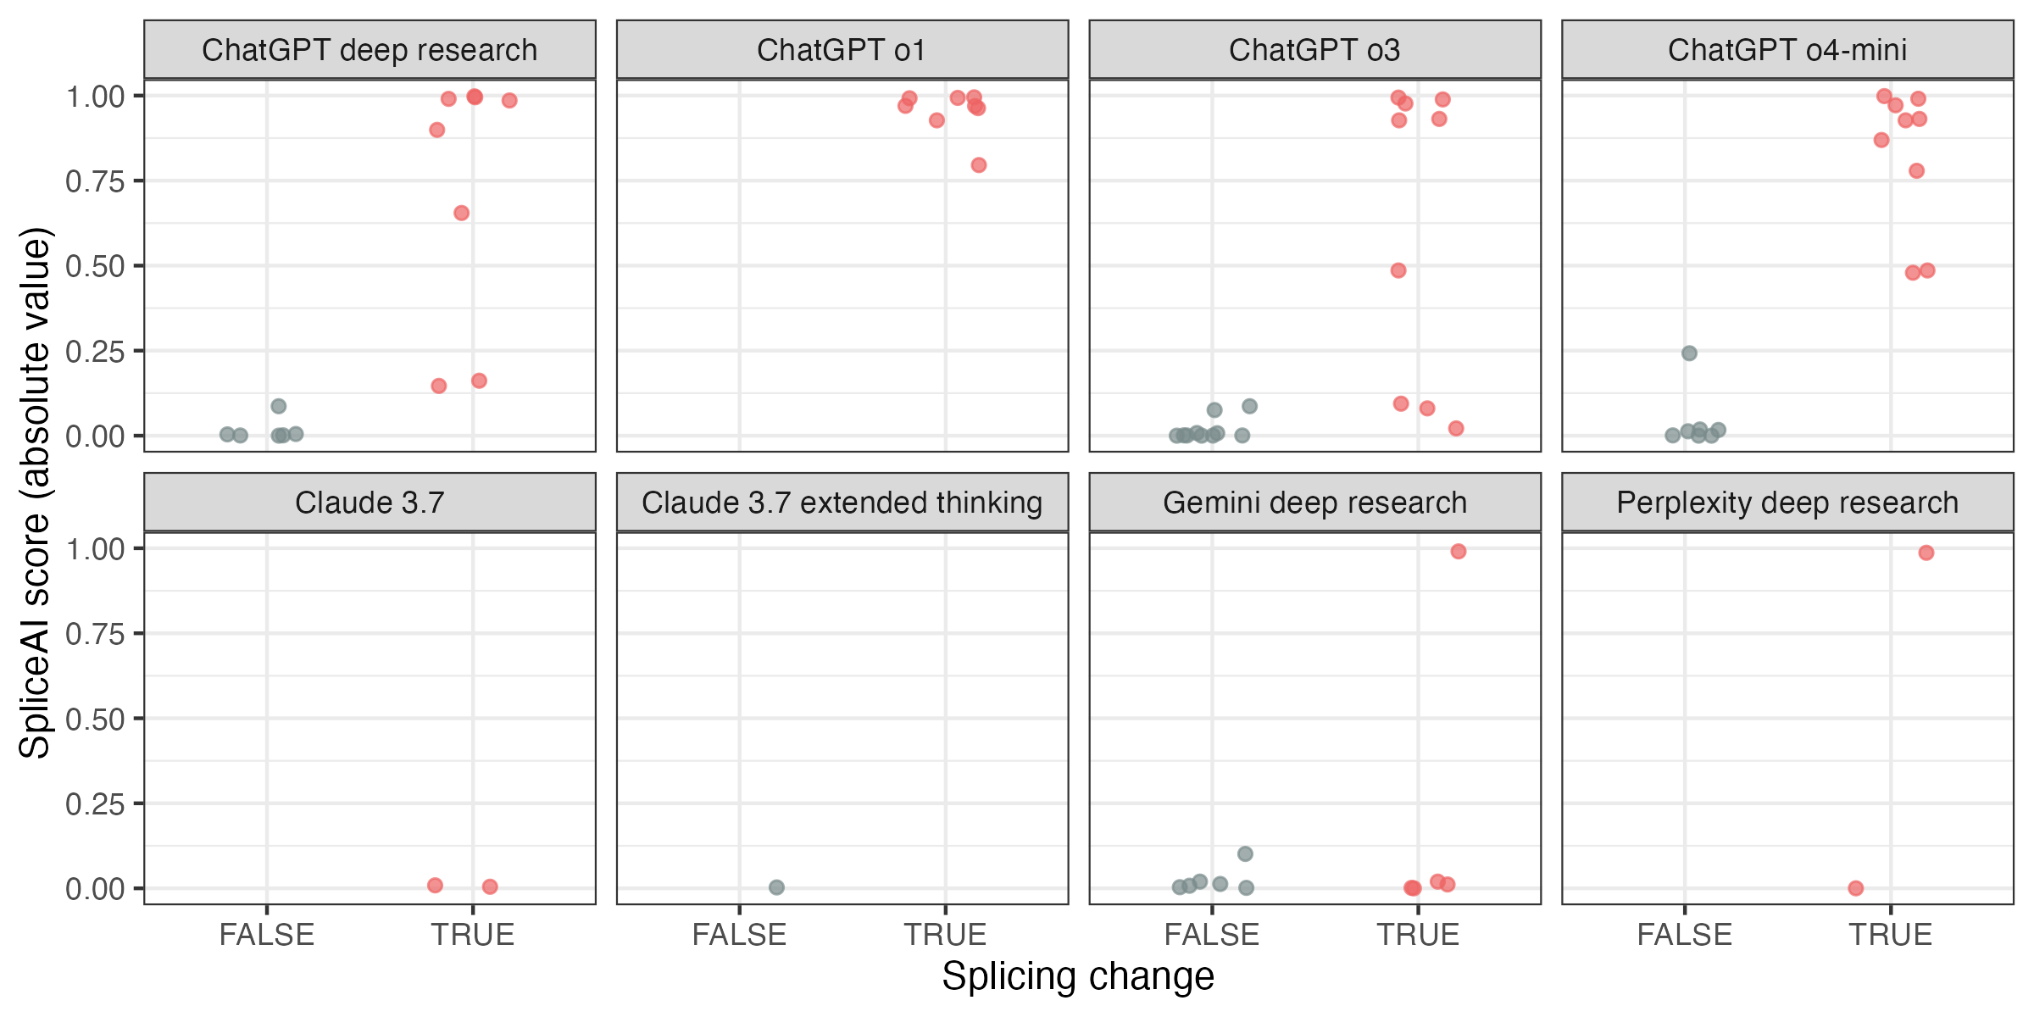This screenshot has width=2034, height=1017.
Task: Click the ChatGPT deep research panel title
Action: coord(370,50)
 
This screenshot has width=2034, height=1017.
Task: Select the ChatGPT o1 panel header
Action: coord(842,50)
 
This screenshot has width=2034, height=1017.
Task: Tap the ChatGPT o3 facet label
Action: coord(1314,50)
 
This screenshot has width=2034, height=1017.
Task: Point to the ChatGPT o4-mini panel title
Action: coord(1787,50)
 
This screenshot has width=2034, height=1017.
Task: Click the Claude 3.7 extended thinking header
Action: coord(842,503)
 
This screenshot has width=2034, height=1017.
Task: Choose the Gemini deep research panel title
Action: coord(1314,503)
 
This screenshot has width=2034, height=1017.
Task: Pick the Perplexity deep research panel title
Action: coord(1787,503)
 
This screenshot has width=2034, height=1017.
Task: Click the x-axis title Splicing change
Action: coord(1078,976)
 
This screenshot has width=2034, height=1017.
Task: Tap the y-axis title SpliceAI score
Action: coord(36,492)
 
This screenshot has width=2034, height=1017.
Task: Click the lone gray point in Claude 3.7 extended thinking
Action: coord(776,887)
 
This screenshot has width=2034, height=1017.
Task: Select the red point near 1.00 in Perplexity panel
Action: coord(1926,553)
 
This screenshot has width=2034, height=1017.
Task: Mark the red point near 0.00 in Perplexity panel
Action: coord(1856,888)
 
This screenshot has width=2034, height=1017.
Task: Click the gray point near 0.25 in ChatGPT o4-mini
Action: coord(1689,353)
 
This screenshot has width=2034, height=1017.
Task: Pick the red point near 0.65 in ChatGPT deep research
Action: coord(461,213)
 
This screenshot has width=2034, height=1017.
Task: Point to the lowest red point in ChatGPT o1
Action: coord(979,165)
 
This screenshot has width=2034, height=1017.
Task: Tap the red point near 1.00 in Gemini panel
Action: coord(1459,552)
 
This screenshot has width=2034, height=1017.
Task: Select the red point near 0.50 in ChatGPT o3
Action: coord(1398,270)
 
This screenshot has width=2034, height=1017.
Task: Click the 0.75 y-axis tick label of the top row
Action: coord(95,181)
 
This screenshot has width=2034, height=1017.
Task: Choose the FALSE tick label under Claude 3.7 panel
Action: coord(267,935)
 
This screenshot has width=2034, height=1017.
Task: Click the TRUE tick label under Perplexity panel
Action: coord(1891,935)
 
